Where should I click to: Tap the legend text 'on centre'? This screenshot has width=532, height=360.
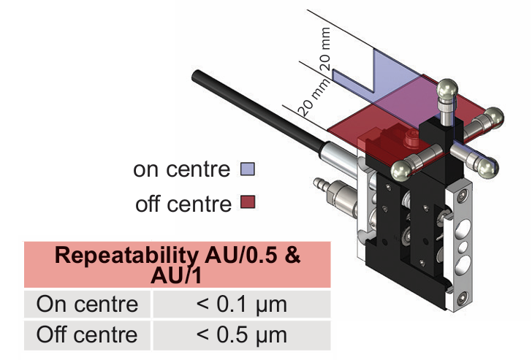pos(181,170)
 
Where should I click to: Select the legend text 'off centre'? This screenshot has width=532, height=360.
pos(183,203)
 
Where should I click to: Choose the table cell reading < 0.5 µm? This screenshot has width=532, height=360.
pos(241,334)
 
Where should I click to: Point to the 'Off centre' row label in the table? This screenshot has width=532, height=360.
pos(87,334)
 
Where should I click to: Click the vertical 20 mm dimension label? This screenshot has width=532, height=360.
pos(326,45)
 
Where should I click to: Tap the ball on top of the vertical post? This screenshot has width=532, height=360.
pos(447,92)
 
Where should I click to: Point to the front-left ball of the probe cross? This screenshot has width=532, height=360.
pos(401,170)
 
